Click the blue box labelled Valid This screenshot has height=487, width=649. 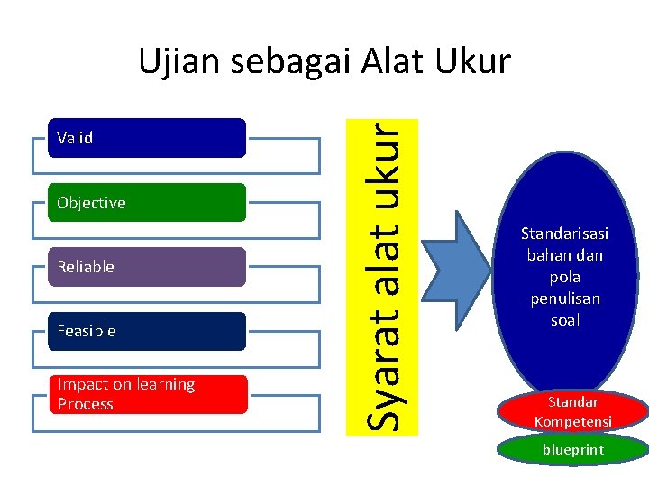click(147, 138)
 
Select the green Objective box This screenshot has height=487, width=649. click(147, 203)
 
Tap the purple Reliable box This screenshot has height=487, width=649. click(147, 267)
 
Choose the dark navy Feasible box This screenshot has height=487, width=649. click(147, 331)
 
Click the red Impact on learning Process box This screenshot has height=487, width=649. click(147, 394)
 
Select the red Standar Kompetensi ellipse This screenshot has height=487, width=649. click(573, 411)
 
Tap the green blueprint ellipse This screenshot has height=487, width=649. click(573, 450)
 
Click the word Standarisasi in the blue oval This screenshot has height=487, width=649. click(564, 234)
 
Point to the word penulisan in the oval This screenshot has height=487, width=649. click(564, 299)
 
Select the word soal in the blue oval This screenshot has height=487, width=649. click(564, 320)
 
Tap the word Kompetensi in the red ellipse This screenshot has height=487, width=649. click(573, 421)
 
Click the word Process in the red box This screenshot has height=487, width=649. click(86, 404)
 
